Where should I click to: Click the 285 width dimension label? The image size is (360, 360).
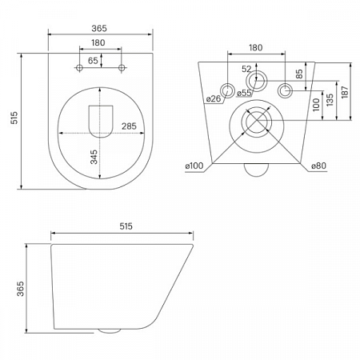point(129,126)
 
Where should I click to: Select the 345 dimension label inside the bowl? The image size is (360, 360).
point(94,157)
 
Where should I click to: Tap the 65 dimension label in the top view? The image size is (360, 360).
point(93,61)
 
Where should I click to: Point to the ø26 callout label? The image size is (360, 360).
point(214,99)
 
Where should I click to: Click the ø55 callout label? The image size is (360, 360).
point(244,93)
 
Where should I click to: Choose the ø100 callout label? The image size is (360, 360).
point(194,166)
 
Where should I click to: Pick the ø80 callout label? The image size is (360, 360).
point(319,166)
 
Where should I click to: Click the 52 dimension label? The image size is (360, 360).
point(246,69)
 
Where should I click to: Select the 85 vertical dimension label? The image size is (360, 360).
point(299,74)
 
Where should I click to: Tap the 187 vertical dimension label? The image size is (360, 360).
point(345,92)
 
